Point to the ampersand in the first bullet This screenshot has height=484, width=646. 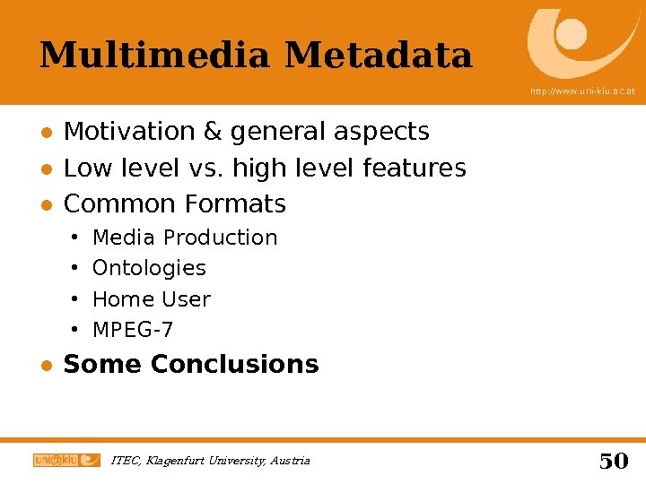[213, 132]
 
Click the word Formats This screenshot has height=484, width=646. [235, 204]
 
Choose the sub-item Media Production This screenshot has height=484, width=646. [185, 238]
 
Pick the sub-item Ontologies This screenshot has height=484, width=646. [149, 268]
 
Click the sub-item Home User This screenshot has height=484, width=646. [151, 299]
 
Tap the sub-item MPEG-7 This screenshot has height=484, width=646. [133, 330]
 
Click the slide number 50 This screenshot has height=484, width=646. [613, 462]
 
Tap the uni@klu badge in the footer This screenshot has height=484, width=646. [66, 460]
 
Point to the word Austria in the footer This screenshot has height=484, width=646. [289, 461]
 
